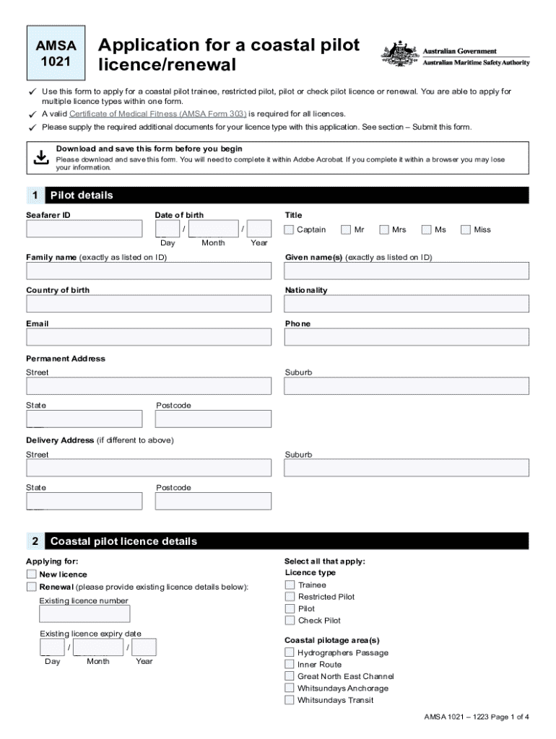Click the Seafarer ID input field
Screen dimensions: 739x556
[x=84, y=229]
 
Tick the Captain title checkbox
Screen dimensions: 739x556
[x=289, y=229]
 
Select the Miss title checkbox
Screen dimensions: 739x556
[x=466, y=229]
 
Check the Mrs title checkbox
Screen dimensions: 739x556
[x=383, y=229]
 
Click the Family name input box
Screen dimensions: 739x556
[x=149, y=271]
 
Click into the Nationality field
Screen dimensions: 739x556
[x=407, y=304]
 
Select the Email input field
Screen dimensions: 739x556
[x=149, y=337]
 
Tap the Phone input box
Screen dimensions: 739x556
[x=407, y=337]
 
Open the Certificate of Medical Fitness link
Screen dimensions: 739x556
[x=158, y=114]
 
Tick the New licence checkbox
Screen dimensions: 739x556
[x=32, y=574]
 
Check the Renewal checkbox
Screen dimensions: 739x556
[x=32, y=587]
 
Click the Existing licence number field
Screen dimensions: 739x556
[x=84, y=614]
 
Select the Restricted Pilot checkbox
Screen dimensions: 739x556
[x=290, y=597]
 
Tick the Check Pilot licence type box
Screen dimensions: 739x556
[x=290, y=621]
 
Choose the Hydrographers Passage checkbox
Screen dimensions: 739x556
[x=290, y=653]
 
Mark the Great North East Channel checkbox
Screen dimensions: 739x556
[x=290, y=676]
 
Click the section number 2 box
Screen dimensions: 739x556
[x=35, y=541]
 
